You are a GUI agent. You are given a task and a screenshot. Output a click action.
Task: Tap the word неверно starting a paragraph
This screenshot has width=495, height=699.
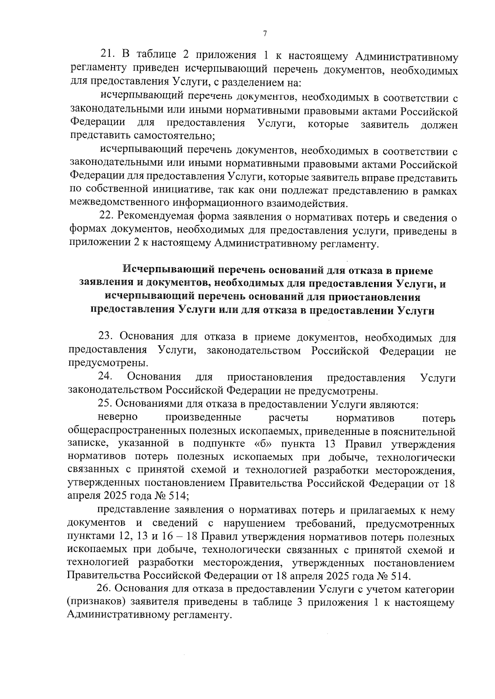(118, 418)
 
